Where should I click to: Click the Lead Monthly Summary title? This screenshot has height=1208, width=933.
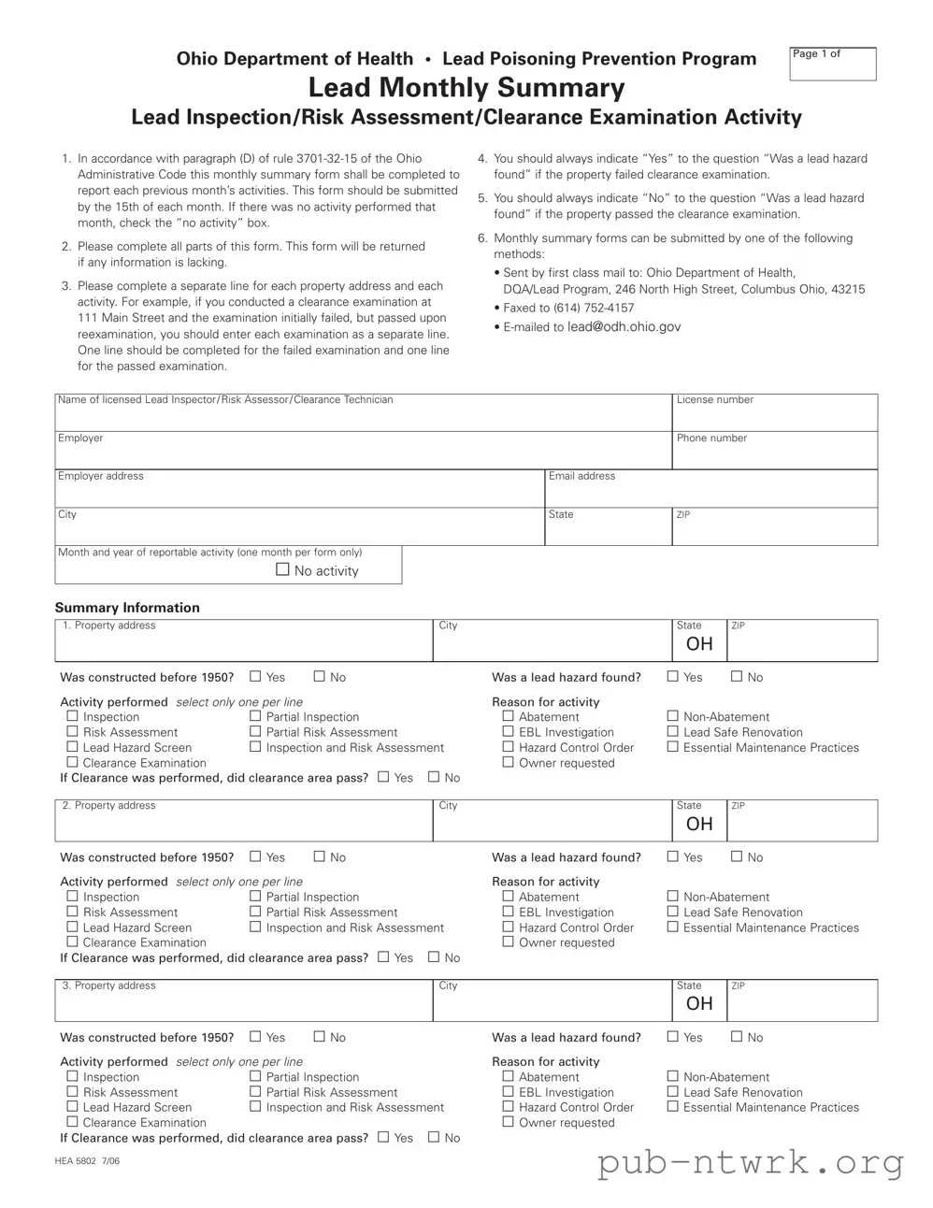tap(466, 88)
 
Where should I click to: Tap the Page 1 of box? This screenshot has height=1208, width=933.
tap(832, 64)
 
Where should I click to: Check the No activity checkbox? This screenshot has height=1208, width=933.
tap(282, 569)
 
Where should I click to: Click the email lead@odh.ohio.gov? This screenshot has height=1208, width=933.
tap(624, 326)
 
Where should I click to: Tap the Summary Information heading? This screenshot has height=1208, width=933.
tap(127, 608)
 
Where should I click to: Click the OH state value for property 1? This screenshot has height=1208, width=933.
tap(699, 644)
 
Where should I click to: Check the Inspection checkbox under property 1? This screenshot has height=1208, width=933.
tap(72, 716)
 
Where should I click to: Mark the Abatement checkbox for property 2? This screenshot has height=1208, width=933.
tap(509, 897)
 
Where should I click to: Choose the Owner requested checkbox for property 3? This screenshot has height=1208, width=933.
tap(509, 1122)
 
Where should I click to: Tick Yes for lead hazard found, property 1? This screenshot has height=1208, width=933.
tap(673, 676)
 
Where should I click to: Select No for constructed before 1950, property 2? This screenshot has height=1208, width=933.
tap(320, 856)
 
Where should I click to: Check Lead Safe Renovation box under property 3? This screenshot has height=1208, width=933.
tap(673, 1091)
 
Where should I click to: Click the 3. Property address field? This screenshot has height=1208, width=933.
tap(243, 1003)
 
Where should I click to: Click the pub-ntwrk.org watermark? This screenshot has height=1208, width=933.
tap(750, 1162)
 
